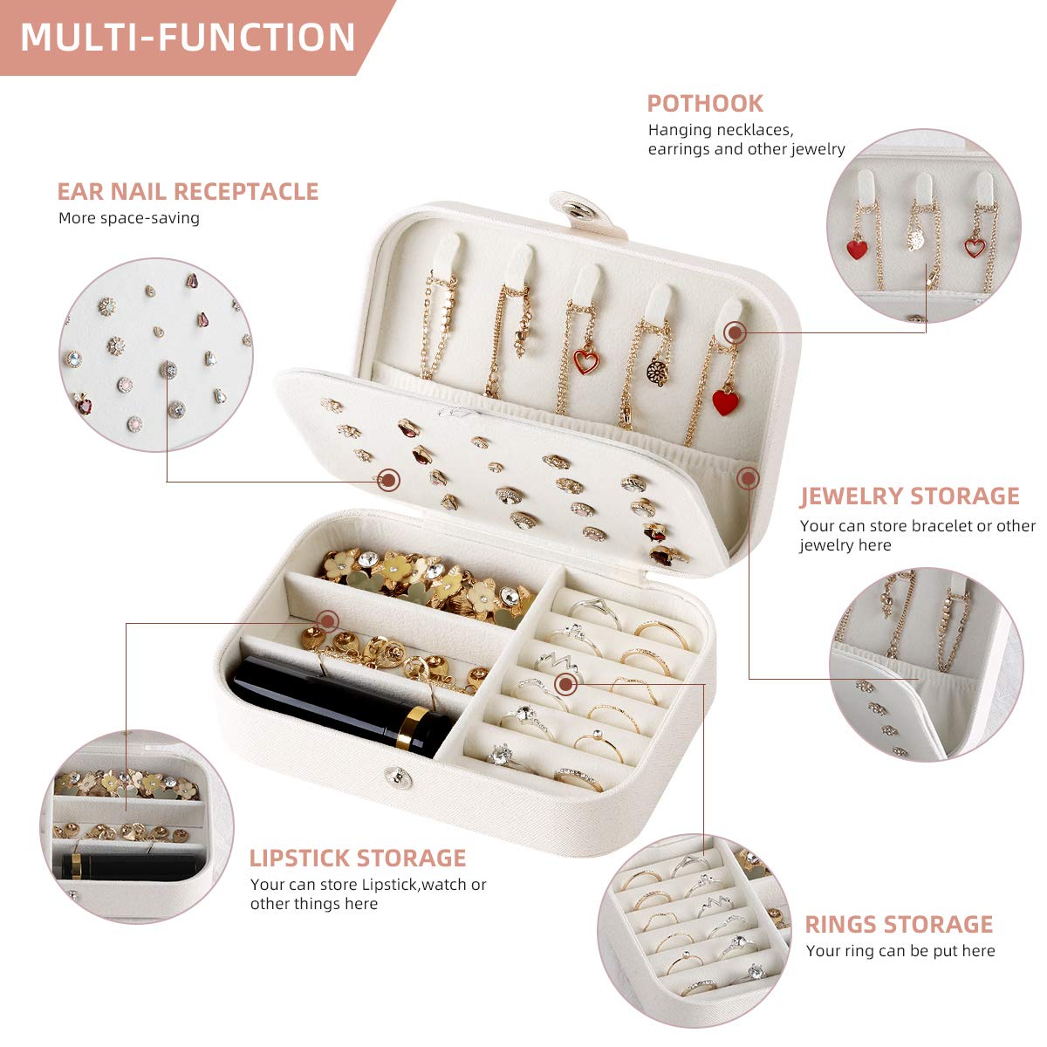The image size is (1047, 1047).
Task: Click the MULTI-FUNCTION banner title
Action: (188, 38)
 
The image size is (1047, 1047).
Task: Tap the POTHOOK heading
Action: (705, 103)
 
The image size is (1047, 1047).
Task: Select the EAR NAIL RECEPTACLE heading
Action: (188, 191)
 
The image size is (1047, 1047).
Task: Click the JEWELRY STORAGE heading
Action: (910, 496)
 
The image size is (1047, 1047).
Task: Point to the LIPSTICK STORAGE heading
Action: (358, 858)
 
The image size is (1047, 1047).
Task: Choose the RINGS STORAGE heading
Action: (899, 924)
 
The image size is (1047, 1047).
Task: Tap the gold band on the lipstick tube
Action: (416, 729)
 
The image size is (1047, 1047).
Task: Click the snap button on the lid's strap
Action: (577, 209)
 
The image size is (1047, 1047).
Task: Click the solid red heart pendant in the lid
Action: (725, 402)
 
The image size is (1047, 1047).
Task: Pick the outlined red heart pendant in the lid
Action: (585, 361)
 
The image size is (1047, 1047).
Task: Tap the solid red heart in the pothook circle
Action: (858, 250)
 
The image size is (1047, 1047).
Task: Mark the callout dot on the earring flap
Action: (389, 478)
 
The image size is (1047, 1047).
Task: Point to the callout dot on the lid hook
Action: (735, 332)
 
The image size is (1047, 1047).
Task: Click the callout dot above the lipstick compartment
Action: (328, 621)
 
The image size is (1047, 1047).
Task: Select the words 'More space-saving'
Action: (129, 218)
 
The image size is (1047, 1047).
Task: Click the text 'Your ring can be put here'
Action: (900, 951)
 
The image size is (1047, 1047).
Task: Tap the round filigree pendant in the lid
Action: (656, 373)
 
